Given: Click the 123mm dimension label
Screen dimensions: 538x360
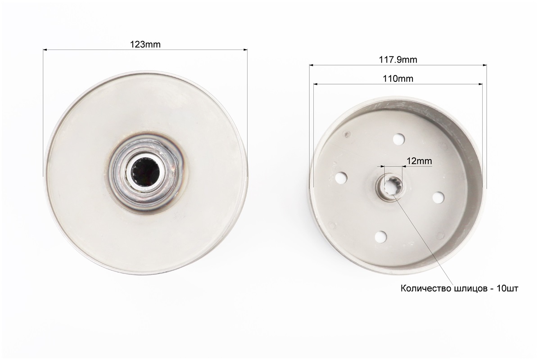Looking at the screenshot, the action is (145, 45).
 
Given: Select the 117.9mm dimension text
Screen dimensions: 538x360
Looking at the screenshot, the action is (398, 60).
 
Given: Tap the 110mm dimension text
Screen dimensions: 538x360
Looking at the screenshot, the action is (398, 78).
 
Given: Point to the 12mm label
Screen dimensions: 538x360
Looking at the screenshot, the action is (419, 161).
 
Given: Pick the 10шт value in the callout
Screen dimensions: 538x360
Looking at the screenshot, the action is (507, 289).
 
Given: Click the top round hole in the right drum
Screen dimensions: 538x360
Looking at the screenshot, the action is (398, 139).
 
